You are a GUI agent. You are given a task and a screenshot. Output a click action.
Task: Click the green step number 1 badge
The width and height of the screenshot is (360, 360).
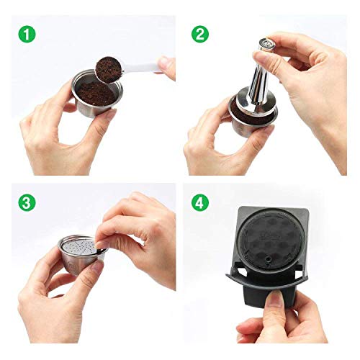(x=27, y=33)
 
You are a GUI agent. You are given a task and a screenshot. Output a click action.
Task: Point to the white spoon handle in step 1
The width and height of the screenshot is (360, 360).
(x=148, y=66)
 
